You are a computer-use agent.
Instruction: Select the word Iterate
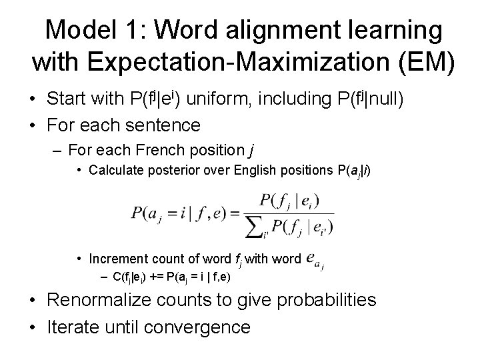[73, 328]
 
